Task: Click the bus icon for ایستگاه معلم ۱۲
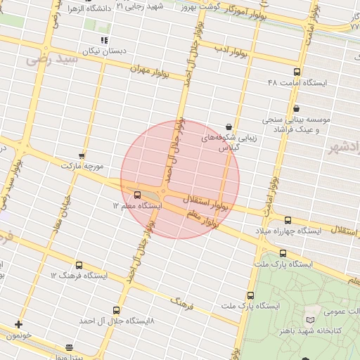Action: coord(137,195)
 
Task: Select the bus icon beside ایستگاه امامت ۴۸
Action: coord(297,72)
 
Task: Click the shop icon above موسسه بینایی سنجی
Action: coord(296,108)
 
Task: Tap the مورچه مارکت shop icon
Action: coord(82,155)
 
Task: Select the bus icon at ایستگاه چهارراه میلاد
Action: coord(288,220)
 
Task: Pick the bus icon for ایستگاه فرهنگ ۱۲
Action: coord(78,265)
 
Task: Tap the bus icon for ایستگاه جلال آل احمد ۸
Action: coord(116,310)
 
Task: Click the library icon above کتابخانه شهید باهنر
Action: coord(310,320)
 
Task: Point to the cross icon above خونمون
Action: coord(18,324)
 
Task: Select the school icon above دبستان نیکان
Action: coord(104,41)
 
